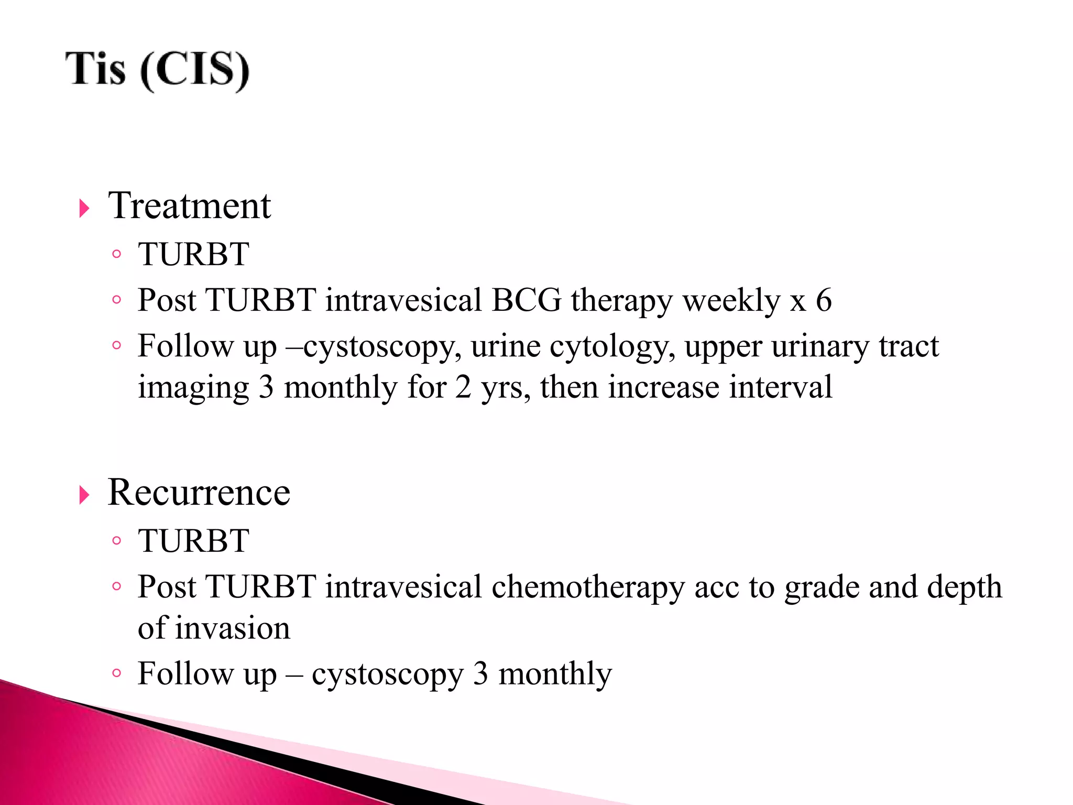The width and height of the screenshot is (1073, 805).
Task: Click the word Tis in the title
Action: click(x=95, y=69)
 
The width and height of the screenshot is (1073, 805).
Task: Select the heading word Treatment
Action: click(x=189, y=205)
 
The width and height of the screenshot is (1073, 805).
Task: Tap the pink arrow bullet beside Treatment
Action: click(x=84, y=208)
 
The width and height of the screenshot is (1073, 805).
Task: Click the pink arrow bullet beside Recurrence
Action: click(x=84, y=495)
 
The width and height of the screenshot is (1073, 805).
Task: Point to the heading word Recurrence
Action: click(x=199, y=493)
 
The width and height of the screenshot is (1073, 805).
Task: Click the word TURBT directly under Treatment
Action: click(x=193, y=255)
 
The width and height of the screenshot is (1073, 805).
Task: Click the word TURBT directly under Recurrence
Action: click(x=193, y=541)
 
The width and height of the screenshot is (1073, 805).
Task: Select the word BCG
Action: click(x=526, y=300)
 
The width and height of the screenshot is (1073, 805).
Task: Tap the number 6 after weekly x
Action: click(x=824, y=300)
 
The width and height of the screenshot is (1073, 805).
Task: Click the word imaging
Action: click(x=193, y=389)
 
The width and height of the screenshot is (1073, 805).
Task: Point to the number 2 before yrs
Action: click(x=463, y=388)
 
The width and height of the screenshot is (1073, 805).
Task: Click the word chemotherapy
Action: click(x=588, y=587)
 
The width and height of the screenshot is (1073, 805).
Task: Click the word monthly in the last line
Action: click(x=555, y=674)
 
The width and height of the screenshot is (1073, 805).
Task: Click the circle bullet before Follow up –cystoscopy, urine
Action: click(x=117, y=346)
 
